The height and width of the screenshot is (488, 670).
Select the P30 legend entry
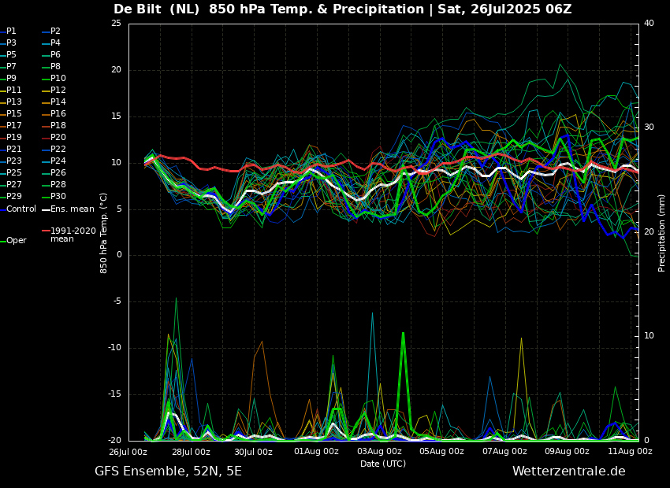tap(58, 197)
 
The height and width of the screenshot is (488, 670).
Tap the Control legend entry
tap(21, 209)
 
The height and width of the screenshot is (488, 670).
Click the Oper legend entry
tap(17, 241)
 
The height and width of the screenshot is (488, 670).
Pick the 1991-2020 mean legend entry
tap(73, 235)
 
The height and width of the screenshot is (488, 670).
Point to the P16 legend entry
tap(58, 114)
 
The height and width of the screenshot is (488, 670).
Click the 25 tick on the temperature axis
tap(116, 24)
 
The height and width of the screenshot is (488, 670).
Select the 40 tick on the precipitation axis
tap(650, 24)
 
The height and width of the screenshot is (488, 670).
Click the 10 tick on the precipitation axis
tap(650, 336)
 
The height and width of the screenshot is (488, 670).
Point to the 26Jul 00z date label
tap(128, 452)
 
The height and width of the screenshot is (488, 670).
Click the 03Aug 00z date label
tap(379, 452)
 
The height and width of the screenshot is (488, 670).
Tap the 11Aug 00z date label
tap(630, 452)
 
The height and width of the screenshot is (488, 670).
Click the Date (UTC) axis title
tap(383, 464)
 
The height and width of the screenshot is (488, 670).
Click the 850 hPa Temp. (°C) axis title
tap(104, 232)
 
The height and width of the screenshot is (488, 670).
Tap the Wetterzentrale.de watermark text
tap(568, 471)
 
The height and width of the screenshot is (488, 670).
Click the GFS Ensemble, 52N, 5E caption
tap(168, 471)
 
